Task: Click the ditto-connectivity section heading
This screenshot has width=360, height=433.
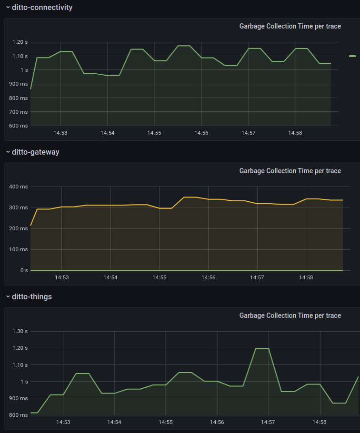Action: (42, 8)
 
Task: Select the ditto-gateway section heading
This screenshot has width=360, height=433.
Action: (35, 152)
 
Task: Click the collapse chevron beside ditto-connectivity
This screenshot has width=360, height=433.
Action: (8, 8)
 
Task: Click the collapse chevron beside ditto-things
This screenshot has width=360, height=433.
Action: (8, 297)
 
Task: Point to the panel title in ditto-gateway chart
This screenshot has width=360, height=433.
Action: (290, 171)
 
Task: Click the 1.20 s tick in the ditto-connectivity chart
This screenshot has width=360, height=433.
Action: (20, 42)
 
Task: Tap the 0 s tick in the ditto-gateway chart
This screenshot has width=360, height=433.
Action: (24, 270)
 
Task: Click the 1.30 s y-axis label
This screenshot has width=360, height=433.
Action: (20, 332)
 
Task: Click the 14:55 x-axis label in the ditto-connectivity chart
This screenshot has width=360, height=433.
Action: (154, 133)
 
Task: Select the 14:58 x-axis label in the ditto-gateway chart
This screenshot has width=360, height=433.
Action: (306, 277)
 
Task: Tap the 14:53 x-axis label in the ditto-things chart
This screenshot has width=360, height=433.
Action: (63, 422)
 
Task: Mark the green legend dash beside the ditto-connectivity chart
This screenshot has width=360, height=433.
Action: (352, 56)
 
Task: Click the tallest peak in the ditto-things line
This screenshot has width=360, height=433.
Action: (262, 348)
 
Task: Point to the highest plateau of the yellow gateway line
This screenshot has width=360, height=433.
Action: (190, 197)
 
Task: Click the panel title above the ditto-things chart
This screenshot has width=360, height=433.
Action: (290, 315)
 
